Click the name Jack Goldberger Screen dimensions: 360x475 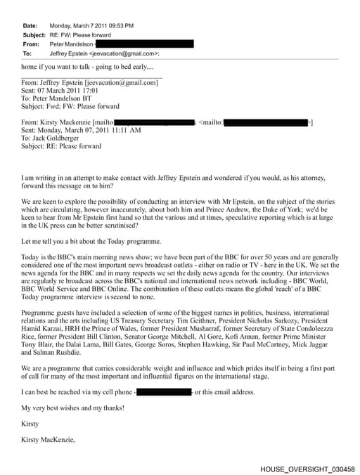58,138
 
